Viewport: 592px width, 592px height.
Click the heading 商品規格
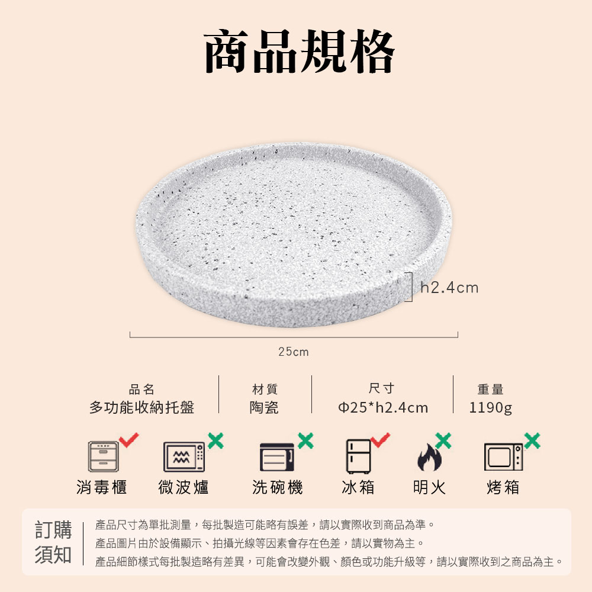299,51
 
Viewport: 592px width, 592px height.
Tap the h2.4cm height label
449,288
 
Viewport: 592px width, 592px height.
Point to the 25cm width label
294,352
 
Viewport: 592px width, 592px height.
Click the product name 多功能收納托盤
141,407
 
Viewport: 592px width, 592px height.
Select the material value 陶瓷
264,407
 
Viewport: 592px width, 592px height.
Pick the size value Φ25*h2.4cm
383,408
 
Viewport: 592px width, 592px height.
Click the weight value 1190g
490,408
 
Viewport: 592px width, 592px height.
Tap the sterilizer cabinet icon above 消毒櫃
103,456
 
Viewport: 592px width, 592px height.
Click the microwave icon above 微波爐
184,457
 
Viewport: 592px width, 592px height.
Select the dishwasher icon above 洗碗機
277,457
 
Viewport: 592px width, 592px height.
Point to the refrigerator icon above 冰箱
358,456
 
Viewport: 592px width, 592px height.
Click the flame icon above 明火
429,458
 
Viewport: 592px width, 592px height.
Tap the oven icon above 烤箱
503,457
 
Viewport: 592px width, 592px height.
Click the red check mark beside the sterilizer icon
128,440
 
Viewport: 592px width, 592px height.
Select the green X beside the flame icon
443,440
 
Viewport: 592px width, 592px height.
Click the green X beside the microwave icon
215,440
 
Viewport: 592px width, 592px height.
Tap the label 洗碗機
278,487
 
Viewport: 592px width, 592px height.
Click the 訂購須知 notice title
53,542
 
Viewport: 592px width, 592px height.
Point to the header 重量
490,390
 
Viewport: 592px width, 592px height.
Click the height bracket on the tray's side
412,287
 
